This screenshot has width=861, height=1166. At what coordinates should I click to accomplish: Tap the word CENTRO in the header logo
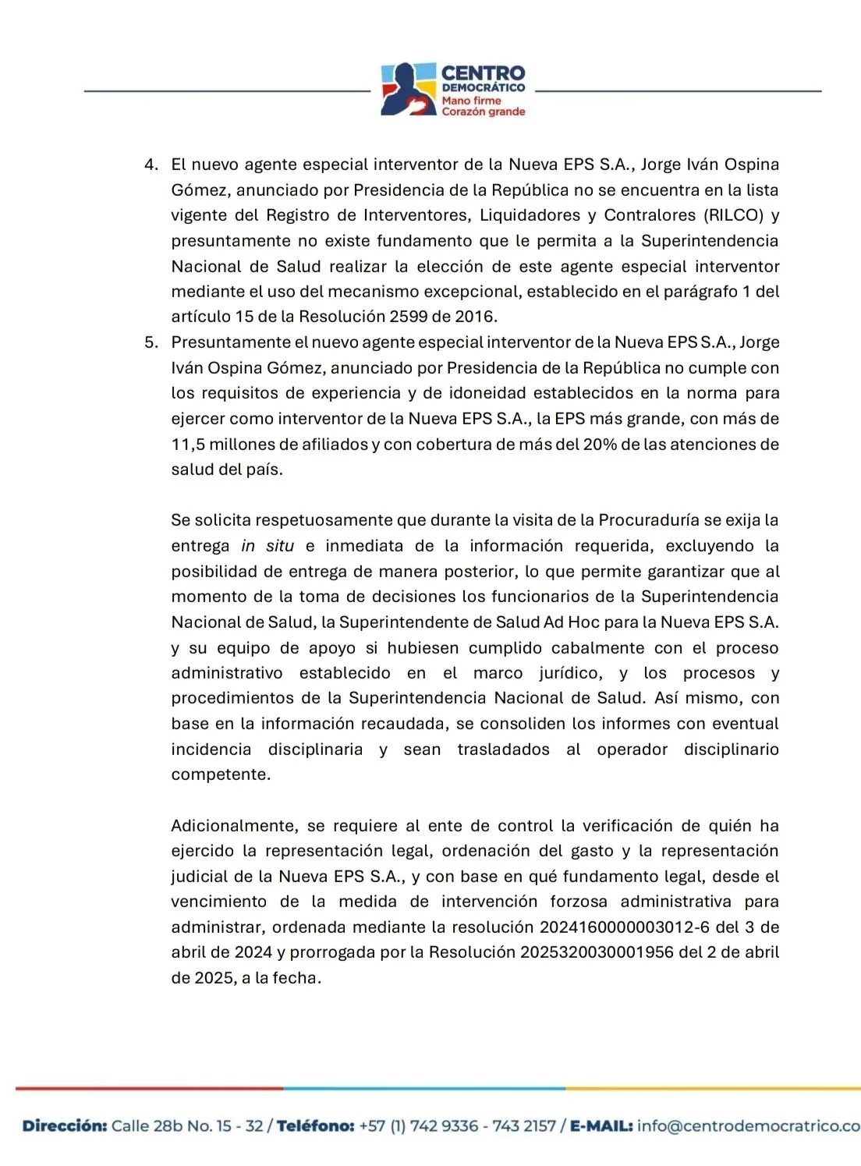(483, 73)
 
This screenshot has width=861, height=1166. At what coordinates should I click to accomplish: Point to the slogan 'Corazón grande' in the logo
(483, 112)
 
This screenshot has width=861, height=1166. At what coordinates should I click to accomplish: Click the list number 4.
(151, 165)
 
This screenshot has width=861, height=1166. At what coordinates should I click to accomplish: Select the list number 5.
(151, 342)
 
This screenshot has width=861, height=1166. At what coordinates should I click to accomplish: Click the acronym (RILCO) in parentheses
(733, 215)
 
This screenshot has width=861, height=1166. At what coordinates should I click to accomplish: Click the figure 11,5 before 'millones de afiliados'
(188, 445)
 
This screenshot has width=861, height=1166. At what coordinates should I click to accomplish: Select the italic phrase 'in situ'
(268, 546)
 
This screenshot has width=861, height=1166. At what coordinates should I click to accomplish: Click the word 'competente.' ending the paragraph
(221, 774)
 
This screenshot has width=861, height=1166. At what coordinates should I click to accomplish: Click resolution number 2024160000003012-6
(625, 927)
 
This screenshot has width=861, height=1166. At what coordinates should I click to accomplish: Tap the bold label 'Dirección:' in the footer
(65, 1125)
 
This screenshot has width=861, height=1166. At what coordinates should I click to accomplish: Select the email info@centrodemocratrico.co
(749, 1125)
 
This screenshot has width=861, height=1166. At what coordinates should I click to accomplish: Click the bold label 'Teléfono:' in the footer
(316, 1125)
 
